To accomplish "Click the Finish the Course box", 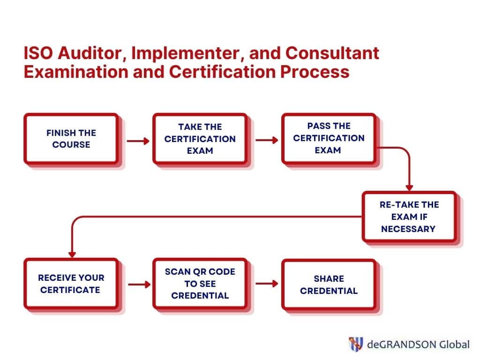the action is click(71, 139).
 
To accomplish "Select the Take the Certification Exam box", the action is click(200, 139).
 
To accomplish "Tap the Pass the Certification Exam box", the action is click(329, 139).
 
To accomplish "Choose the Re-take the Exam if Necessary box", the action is click(410, 217).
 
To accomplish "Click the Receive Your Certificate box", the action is click(71, 284).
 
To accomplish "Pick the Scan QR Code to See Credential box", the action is click(200, 284).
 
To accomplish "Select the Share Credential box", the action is click(329, 285).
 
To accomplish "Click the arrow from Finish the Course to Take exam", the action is click(138, 141).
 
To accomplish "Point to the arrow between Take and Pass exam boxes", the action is click(267, 140).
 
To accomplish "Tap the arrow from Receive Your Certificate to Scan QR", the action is click(139, 285).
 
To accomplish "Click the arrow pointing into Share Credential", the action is click(267, 284).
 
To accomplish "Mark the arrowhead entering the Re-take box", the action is click(409, 187).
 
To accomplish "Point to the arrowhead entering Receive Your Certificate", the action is click(72, 255).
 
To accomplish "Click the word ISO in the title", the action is click(38, 53).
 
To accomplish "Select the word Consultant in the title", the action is click(332, 53).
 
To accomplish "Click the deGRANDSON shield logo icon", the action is click(356, 344).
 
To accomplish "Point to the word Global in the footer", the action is click(454, 345).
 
